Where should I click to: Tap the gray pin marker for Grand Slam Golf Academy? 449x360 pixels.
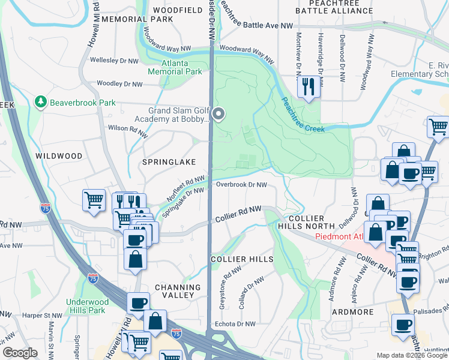[x=219, y=113]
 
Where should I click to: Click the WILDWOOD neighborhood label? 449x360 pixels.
[x=59, y=156]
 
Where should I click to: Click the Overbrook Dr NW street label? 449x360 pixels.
[x=241, y=185]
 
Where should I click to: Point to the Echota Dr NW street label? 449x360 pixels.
[x=235, y=324]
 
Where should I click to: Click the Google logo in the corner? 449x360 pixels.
[x=19, y=353]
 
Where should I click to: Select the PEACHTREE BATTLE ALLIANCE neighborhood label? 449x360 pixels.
[x=334, y=7]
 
